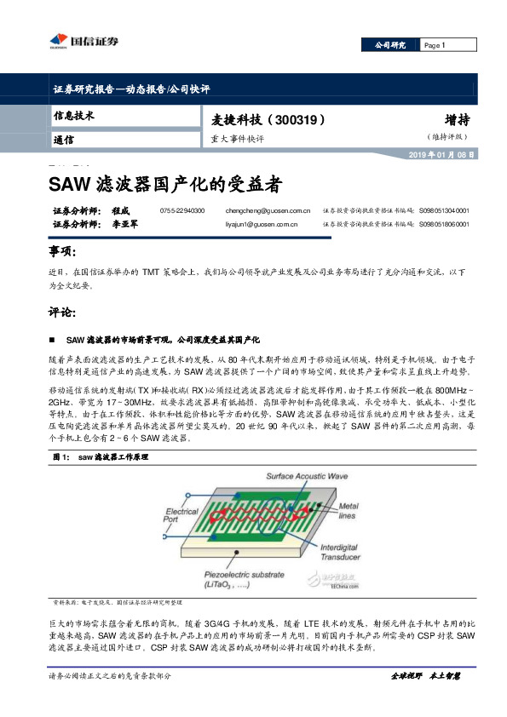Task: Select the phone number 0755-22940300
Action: (x=182, y=209)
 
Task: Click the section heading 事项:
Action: (x=63, y=254)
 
